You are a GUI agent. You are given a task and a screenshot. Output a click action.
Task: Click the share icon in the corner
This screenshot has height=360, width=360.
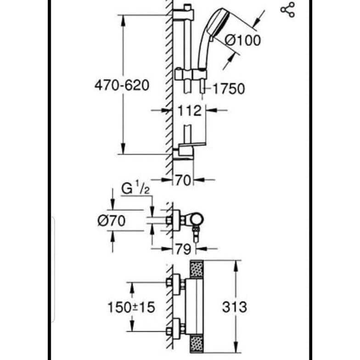[287, 10]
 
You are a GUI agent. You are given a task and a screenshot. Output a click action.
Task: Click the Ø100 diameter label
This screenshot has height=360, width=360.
[242, 40]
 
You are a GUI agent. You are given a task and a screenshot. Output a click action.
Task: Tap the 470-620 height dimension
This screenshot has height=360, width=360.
[122, 85]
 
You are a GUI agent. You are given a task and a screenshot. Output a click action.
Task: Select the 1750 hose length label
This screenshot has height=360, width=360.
[229, 89]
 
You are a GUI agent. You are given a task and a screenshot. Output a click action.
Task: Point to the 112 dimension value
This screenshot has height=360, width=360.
[190, 111]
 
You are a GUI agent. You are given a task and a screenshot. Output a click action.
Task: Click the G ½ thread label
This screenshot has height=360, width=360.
[135, 189]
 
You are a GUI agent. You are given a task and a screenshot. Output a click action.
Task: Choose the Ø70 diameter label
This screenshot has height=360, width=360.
[112, 221]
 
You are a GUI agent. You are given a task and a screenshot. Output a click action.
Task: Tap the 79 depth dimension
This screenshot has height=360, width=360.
[184, 249]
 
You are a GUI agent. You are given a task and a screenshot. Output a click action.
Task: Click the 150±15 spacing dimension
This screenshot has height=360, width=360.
[131, 307]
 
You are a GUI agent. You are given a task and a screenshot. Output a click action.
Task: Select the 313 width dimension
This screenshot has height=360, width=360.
[234, 307]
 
